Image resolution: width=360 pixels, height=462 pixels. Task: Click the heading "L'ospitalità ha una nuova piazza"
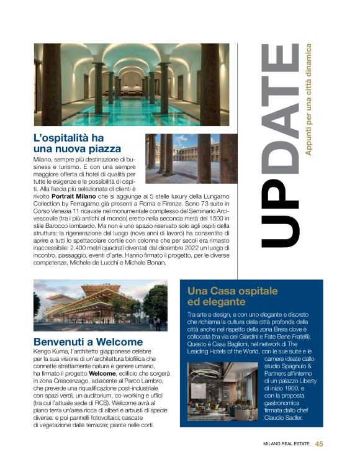tap(77, 143)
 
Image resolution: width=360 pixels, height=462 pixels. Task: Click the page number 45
tap(319, 444)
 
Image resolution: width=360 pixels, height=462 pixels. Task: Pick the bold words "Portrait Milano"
tap(81, 195)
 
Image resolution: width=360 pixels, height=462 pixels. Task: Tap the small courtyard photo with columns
tap(191, 159)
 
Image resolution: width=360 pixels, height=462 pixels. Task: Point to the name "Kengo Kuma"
tap(51, 351)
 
